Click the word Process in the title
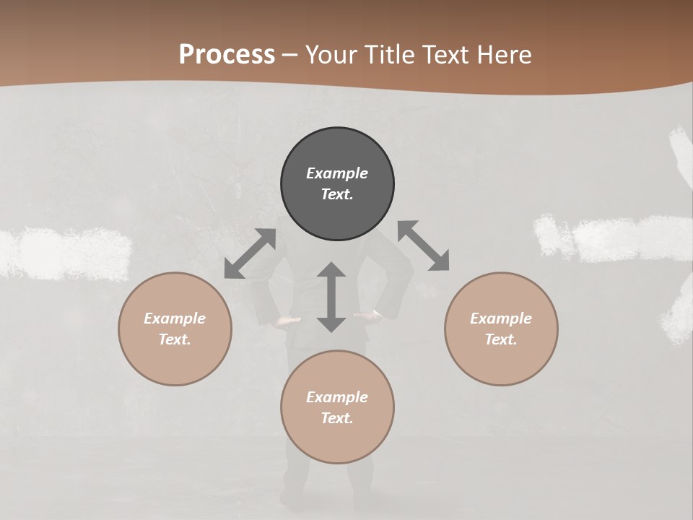(227, 55)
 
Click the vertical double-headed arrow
(331, 297)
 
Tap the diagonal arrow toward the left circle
(250, 253)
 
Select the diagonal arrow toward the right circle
(424, 246)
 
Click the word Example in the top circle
(337, 173)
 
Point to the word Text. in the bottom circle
(337, 418)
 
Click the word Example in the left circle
(175, 318)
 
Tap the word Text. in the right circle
(501, 339)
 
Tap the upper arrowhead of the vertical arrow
(331, 270)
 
